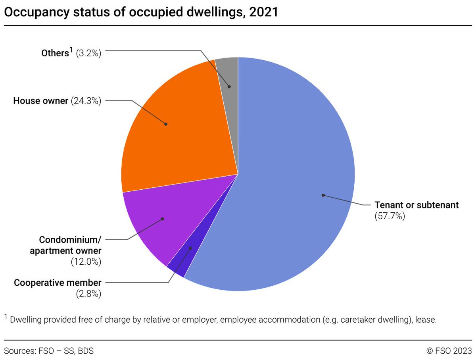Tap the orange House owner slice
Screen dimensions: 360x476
(178, 131)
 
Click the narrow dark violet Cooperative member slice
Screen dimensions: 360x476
(180, 264)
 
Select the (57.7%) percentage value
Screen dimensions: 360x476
(390, 217)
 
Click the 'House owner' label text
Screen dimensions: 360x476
(40, 101)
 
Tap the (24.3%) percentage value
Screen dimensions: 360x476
(86, 101)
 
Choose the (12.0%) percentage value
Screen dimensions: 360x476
(86, 262)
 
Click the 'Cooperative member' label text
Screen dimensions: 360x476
(58, 283)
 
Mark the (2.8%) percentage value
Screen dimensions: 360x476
(88, 294)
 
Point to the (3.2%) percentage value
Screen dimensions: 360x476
(88, 53)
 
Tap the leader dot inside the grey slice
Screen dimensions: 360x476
(229, 87)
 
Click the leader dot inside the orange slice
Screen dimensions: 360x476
(166, 124)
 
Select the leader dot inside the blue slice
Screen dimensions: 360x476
(323, 195)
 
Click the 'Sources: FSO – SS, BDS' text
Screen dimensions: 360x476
(49, 351)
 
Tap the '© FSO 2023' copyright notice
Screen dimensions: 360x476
(449, 351)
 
